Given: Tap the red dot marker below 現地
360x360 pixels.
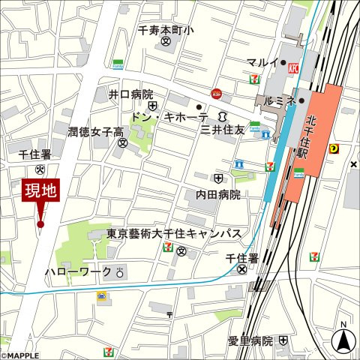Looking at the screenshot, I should pyautogui.click(x=40, y=223).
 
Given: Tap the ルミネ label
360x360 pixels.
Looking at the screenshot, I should pyautogui.click(x=280, y=100).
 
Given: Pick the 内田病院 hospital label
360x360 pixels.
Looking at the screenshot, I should pyautogui.click(x=218, y=194).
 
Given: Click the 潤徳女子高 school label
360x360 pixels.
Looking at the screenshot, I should pyautogui.click(x=95, y=132).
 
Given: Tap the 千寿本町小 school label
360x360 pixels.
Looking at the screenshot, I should pyautogui.click(x=165, y=31).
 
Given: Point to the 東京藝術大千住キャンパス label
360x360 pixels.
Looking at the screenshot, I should pyautogui.click(x=173, y=233).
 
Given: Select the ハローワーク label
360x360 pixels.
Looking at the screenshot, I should pyautogui.click(x=78, y=271).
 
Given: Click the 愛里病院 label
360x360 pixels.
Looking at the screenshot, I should pyautogui.click(x=250, y=340).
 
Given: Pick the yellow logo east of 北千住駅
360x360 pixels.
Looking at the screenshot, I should pyautogui.click(x=334, y=148).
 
